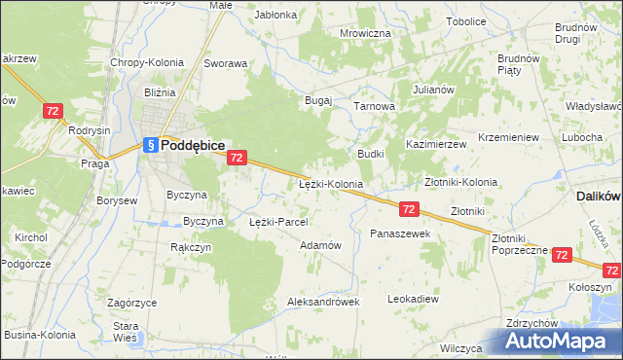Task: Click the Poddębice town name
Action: pyautogui.click(x=194, y=144)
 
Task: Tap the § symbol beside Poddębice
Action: pyautogui.click(x=150, y=145)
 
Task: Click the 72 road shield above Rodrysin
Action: pyautogui.click(x=54, y=112)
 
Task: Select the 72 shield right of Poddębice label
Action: pyautogui.click(x=237, y=157)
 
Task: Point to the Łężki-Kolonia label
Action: pyautogui.click(x=330, y=183)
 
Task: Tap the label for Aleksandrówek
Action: pyautogui.click(x=323, y=302)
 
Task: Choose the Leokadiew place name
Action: pyautogui.click(x=413, y=298)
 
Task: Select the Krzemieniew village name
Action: pyautogui.click(x=509, y=138)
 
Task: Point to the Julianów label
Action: pyautogui.click(x=433, y=90)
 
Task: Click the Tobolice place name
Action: pyautogui.click(x=466, y=20)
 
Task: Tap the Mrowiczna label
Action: pyautogui.click(x=365, y=33)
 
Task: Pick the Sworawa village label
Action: pyautogui.click(x=225, y=63)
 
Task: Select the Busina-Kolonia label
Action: pyautogui.click(x=33, y=335)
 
